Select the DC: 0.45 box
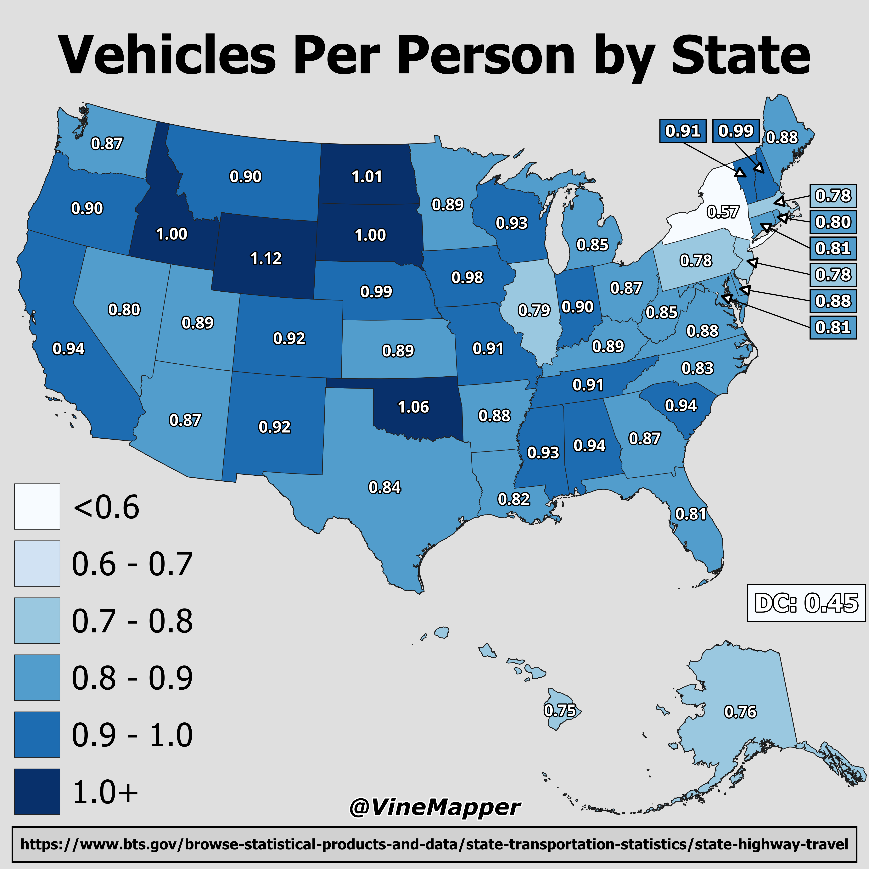[806, 603]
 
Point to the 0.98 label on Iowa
[467, 278]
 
